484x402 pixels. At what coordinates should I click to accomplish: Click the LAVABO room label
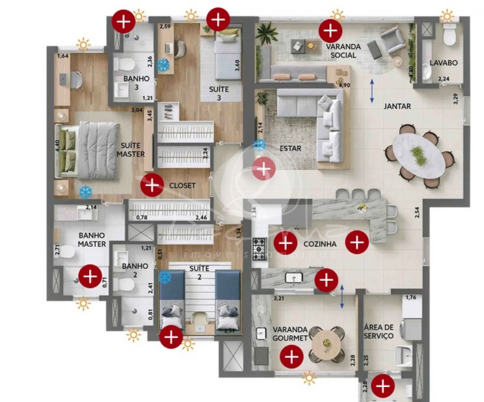[443, 63]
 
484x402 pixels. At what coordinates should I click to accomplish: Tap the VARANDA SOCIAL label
[343, 51]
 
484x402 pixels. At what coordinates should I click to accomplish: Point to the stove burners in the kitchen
[259, 248]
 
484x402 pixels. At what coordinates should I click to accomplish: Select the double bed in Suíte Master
[89, 150]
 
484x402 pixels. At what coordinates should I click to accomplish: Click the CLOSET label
[182, 185]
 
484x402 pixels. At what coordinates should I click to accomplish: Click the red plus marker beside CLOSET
[152, 185]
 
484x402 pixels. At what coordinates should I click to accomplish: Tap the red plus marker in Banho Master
[90, 276]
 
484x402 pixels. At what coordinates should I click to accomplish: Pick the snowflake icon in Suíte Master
[85, 192]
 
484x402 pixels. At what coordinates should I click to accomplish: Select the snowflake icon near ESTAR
[259, 145]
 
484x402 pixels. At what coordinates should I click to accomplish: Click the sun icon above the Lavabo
[447, 16]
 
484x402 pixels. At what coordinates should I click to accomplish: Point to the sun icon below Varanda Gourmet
[309, 377]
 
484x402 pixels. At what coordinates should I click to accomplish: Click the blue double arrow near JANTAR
[372, 91]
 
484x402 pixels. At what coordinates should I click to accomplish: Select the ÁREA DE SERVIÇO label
[379, 332]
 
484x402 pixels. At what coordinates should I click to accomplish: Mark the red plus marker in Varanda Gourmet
[292, 357]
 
